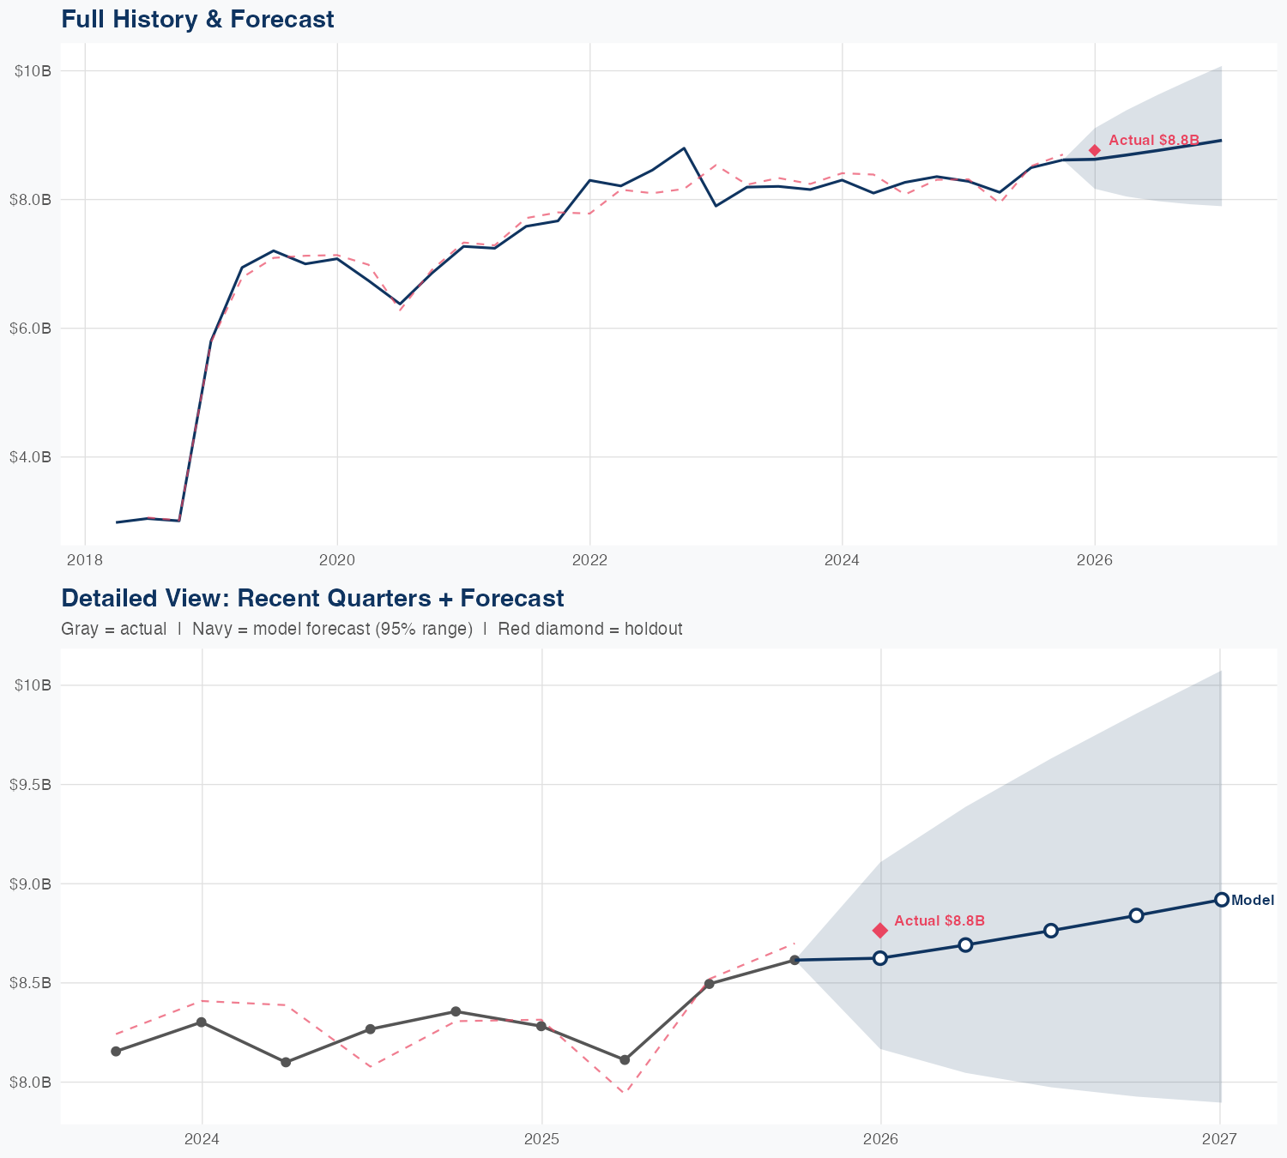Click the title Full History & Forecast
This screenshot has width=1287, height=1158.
tap(197, 19)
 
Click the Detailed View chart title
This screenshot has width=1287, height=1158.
tap(312, 598)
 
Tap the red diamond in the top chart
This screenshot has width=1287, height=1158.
tap(1095, 150)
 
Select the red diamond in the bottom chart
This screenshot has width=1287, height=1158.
tap(880, 931)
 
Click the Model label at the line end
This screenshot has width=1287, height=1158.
tap(1253, 900)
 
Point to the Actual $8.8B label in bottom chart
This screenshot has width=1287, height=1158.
tap(940, 920)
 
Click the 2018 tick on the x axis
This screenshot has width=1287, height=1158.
tap(84, 560)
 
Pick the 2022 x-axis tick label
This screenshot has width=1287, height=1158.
tap(589, 560)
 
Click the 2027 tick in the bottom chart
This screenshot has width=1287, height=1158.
tap(1219, 1139)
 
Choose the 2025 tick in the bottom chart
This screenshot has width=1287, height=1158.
tap(541, 1139)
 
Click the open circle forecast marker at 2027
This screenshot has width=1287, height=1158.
tap(1221, 899)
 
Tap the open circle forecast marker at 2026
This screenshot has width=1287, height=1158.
tap(880, 958)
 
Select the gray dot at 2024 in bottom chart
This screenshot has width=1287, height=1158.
tap(202, 1022)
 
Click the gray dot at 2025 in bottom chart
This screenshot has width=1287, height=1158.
tap(541, 1026)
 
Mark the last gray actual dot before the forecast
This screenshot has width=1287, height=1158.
tap(795, 960)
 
